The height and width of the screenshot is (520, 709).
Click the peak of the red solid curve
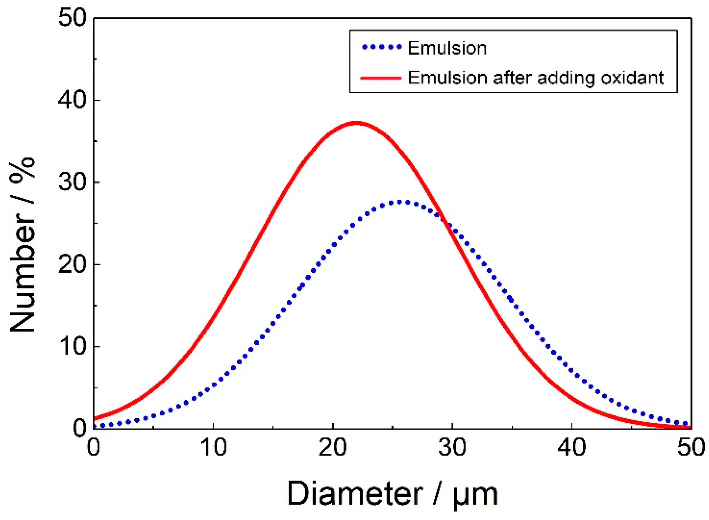click(357, 123)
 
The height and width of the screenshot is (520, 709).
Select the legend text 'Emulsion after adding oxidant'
click(535, 78)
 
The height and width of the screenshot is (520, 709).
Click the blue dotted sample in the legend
click(382, 47)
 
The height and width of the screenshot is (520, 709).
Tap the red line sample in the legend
click(381, 78)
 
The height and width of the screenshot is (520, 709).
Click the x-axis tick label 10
click(213, 448)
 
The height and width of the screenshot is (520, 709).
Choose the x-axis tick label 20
click(333, 448)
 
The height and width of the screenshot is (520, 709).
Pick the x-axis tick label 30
click(452, 448)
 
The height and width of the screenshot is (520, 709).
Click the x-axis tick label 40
click(572, 448)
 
